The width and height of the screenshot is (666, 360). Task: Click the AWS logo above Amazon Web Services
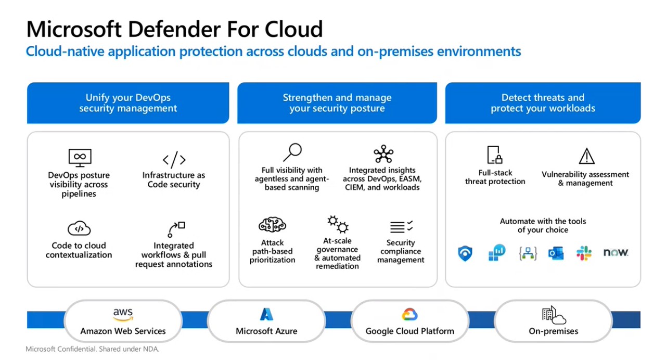123,315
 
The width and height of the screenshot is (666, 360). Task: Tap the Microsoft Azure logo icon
266,314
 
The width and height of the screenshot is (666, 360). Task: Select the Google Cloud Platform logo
409,314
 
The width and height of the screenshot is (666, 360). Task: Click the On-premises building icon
553,315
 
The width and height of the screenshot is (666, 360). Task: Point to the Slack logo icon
584,253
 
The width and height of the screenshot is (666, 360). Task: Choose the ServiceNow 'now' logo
616,253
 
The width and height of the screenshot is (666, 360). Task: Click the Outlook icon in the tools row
556,253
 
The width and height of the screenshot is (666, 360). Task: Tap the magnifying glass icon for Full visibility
292,153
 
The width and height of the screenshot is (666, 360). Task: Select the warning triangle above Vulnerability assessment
586,156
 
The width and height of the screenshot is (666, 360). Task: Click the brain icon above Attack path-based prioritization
272,225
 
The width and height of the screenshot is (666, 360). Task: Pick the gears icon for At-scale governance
338,225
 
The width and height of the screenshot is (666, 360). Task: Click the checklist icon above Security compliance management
401,227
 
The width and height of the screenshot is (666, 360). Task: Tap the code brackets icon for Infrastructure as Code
174,159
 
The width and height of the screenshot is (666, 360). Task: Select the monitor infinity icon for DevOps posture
80,157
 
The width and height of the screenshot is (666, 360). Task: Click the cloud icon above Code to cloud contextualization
79,228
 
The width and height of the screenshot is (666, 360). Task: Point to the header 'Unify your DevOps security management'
128,103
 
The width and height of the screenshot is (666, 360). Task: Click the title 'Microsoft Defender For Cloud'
174,29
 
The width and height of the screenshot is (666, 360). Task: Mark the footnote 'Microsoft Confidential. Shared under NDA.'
92,349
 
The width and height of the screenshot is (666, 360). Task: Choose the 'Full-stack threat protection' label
495,177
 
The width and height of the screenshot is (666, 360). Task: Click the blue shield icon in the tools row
465,253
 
